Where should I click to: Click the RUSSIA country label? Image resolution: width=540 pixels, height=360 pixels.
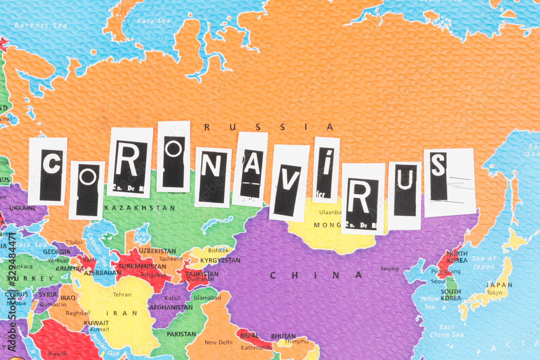click(269, 127)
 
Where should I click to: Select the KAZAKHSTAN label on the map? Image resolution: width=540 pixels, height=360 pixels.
click(140, 208)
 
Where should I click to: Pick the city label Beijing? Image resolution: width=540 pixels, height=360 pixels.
click(389, 268)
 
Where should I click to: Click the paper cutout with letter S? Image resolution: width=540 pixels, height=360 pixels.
click(449, 180)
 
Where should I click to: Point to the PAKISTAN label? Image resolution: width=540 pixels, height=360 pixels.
click(181, 334)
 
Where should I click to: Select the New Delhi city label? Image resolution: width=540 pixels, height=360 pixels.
click(218, 342)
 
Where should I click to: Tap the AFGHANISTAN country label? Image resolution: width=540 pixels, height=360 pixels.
click(171, 307)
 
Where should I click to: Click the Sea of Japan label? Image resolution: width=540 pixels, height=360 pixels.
click(484, 262)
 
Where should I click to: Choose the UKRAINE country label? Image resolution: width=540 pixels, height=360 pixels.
click(23, 208)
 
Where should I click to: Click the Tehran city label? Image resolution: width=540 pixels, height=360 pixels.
click(122, 295)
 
